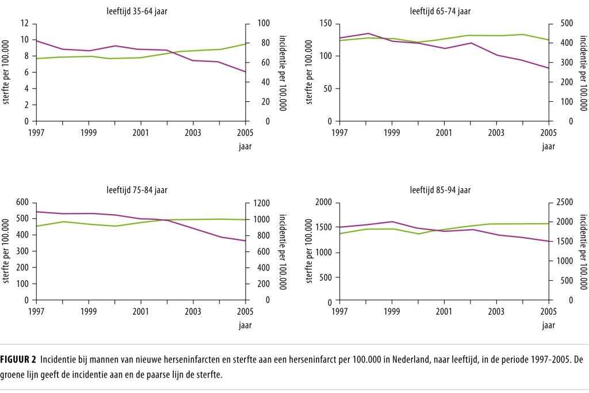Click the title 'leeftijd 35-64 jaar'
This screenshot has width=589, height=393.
tap(137, 11)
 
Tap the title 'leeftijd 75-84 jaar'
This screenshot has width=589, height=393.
tap(137, 190)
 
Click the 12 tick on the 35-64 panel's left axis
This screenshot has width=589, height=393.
tap(25, 24)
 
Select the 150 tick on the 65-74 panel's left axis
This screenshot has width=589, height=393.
tap(326, 24)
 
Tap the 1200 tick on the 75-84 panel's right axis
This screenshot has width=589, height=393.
tap(259, 203)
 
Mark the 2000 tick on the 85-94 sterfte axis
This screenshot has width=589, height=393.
tap(324, 203)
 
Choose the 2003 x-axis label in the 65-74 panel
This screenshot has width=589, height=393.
tap(496, 132)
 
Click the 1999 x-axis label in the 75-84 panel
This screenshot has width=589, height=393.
tap(89, 311)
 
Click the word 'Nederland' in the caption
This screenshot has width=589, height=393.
tap(411, 360)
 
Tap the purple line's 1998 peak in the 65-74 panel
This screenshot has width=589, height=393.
tap(366, 33)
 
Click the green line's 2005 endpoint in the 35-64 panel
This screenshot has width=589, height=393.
tap(246, 44)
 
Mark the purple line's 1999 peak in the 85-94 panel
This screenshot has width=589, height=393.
tap(392, 222)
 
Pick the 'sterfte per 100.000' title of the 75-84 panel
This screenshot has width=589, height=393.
tap(6, 251)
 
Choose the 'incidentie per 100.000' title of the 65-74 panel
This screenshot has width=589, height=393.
tap(583, 73)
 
